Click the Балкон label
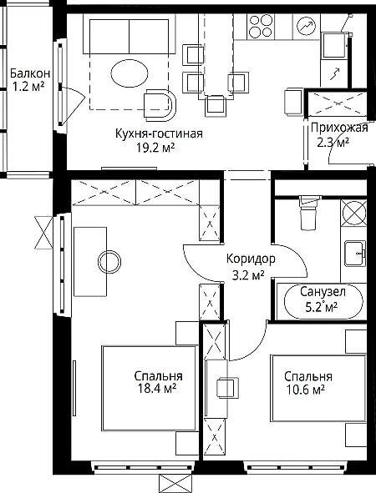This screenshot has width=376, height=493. [x=30, y=73]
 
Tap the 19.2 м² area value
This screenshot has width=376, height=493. [x=155, y=147]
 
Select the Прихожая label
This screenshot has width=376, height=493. [x=339, y=128]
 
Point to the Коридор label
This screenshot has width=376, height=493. [x=251, y=259]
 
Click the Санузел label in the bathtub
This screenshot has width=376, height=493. [x=323, y=292]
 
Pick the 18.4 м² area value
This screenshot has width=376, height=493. [x=156, y=389]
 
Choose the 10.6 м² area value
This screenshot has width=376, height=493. [x=306, y=390]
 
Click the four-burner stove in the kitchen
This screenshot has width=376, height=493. [x=261, y=27]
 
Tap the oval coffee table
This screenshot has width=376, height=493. [x=130, y=73]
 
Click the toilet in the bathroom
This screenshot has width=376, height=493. [x=308, y=213]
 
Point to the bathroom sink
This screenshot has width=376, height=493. [x=355, y=254]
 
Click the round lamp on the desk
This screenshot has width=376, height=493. [x=109, y=262]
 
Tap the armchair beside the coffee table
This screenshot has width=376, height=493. [x=160, y=105]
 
